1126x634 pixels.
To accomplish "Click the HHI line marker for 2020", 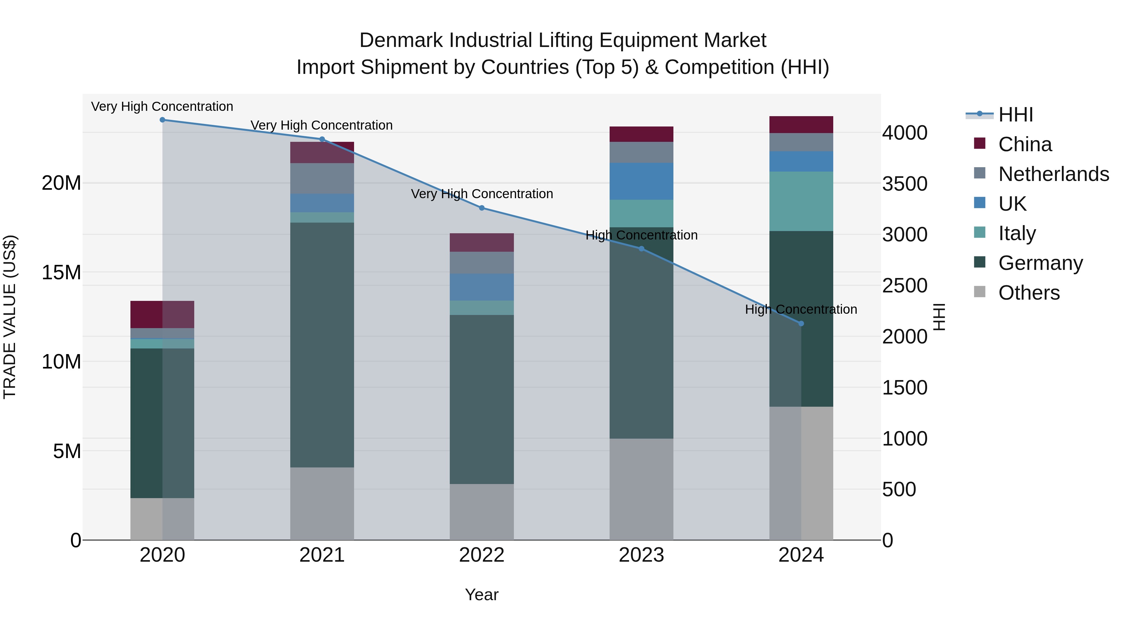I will (x=162, y=120).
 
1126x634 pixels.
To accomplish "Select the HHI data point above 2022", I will (x=482, y=208).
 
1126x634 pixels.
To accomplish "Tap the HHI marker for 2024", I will (x=801, y=323).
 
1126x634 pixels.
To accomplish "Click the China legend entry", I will (x=1025, y=144).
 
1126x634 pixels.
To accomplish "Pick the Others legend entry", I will (x=1028, y=293).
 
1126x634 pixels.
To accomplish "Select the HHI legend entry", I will (x=1015, y=115).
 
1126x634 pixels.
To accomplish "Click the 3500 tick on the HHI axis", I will (x=904, y=184).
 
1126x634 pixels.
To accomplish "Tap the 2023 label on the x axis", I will (x=641, y=555).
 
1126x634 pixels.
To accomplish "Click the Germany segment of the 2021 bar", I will (x=322, y=345).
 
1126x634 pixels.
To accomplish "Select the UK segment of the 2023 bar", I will (x=641, y=181).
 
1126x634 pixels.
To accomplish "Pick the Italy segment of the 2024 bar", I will (x=801, y=201).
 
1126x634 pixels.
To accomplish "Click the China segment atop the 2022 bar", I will (x=482, y=242).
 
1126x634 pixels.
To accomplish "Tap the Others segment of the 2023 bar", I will (x=641, y=489).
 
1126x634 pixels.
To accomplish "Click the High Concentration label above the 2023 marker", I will (x=641, y=235).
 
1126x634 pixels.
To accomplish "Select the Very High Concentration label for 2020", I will (x=162, y=107).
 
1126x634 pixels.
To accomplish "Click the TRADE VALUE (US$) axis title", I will (x=10, y=317).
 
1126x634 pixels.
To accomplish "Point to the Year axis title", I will (x=482, y=595).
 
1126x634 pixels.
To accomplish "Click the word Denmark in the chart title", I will (x=402, y=40).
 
